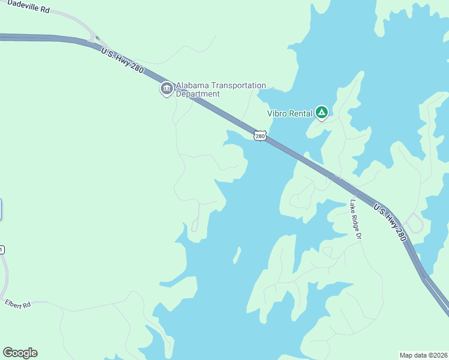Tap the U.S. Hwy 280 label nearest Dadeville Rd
point(122,61)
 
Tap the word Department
point(197,94)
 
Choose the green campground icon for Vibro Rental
point(322,112)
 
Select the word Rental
point(301,113)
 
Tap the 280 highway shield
point(259,136)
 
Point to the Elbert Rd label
point(17,304)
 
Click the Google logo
point(20,353)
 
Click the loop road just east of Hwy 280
point(415,224)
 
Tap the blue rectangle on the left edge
point(1,209)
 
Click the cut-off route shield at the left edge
point(2,250)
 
